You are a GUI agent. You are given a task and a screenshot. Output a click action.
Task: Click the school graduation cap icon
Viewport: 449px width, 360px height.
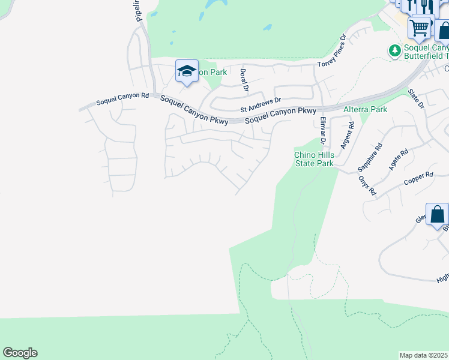tap(187, 71)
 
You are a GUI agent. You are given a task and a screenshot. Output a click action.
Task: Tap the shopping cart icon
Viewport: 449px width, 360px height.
tap(420, 26)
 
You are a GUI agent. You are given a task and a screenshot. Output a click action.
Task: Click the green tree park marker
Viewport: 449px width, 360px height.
tap(394, 50)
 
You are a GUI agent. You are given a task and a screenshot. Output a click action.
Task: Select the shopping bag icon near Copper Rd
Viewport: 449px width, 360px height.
tap(437, 214)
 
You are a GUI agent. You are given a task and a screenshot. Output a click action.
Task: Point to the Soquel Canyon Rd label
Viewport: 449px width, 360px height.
tap(123, 95)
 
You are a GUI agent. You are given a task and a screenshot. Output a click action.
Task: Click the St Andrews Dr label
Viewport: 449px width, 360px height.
tap(261, 105)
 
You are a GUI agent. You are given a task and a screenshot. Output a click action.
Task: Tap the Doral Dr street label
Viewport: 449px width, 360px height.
tap(244, 80)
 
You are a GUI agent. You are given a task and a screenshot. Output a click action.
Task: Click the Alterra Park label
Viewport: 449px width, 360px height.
tap(365, 109)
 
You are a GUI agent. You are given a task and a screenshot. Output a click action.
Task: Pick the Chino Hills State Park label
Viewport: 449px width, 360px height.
tap(313, 159)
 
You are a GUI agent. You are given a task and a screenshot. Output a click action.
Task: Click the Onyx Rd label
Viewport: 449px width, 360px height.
tap(367, 185)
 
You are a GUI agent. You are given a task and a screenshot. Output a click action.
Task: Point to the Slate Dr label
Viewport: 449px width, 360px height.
tap(416, 99)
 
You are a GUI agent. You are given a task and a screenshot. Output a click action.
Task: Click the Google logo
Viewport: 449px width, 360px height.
tap(20, 353)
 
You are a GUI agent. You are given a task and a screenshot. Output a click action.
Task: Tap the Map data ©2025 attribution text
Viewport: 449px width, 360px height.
tap(424, 355)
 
